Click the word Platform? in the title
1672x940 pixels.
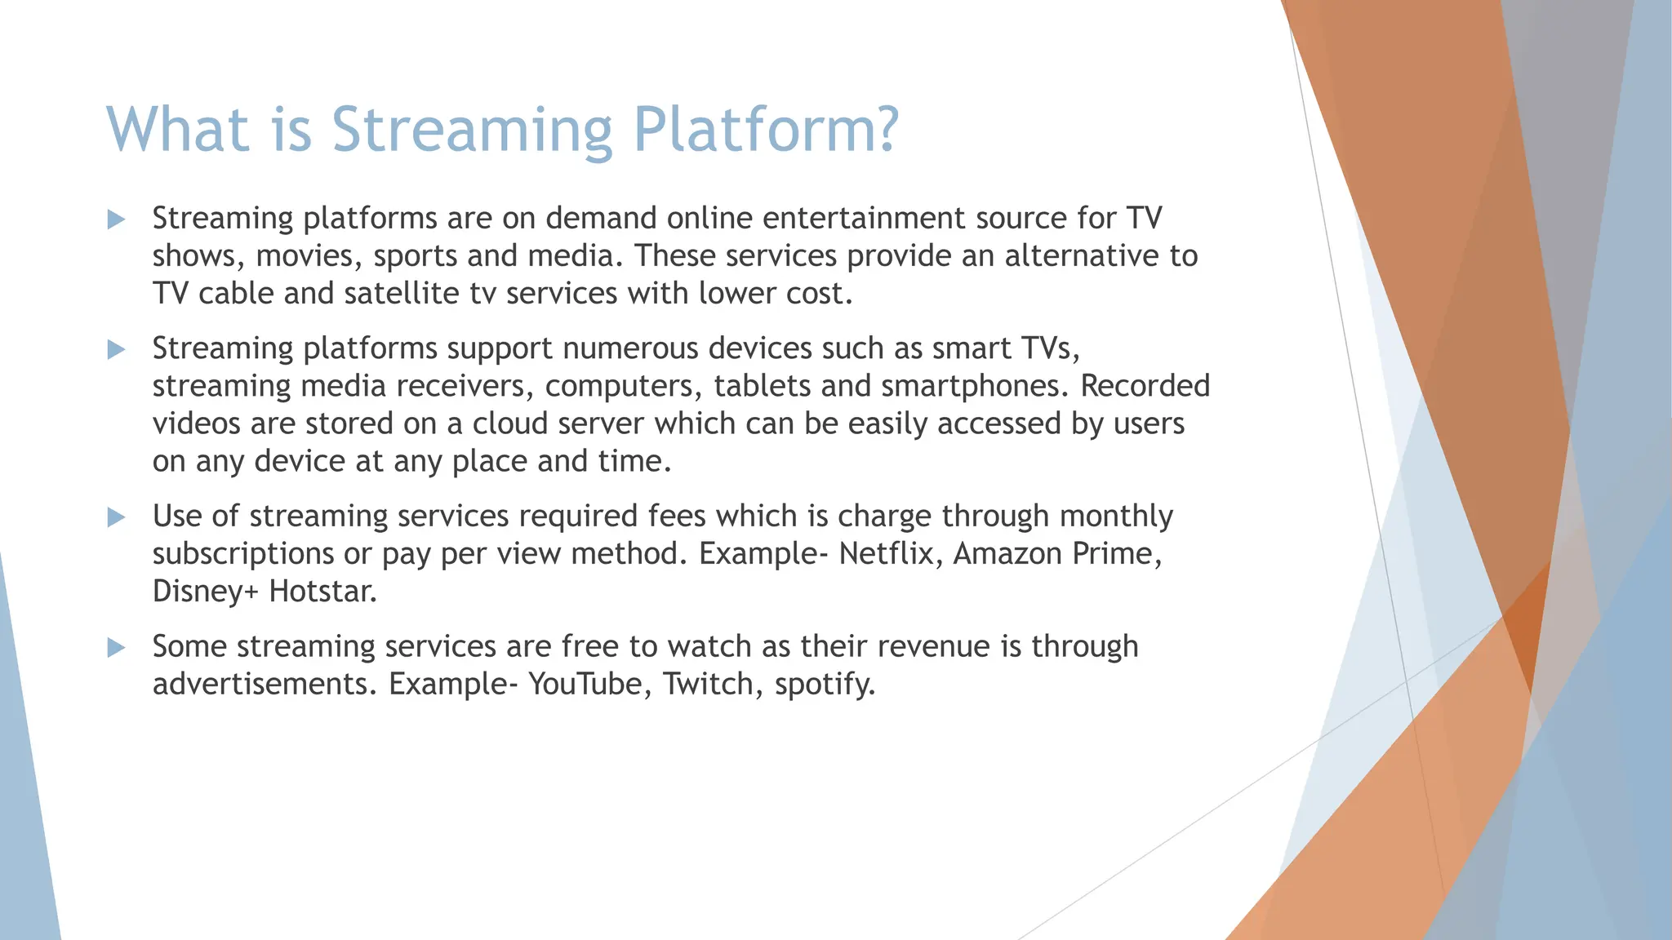coord(765,130)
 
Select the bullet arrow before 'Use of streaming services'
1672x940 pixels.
coord(116,517)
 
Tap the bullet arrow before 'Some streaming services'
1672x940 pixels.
coord(116,647)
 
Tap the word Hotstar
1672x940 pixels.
coord(322,591)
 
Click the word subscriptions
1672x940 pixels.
coord(243,555)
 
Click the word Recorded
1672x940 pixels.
coord(1145,386)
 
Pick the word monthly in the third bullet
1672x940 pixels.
coord(1116,517)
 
